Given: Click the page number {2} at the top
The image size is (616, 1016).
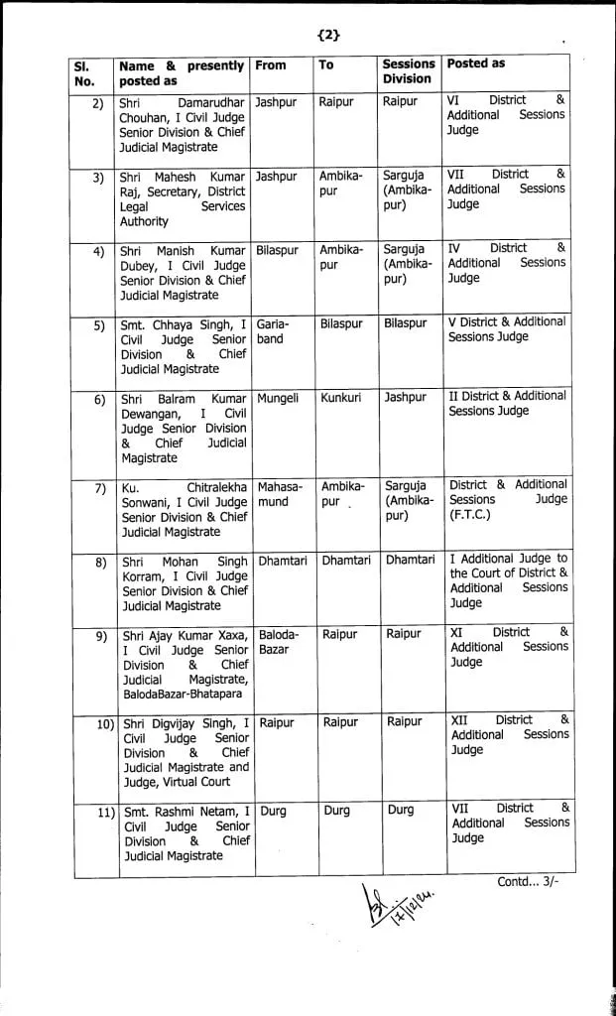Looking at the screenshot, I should (328, 36).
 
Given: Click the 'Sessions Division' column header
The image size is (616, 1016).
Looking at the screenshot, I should (408, 71).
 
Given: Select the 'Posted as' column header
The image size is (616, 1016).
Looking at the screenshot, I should (476, 63).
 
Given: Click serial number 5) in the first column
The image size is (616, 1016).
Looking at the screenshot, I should (99, 324).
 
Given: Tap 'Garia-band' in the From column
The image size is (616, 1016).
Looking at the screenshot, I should (272, 331).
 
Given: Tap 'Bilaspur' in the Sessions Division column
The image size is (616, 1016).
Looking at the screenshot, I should (407, 324).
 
